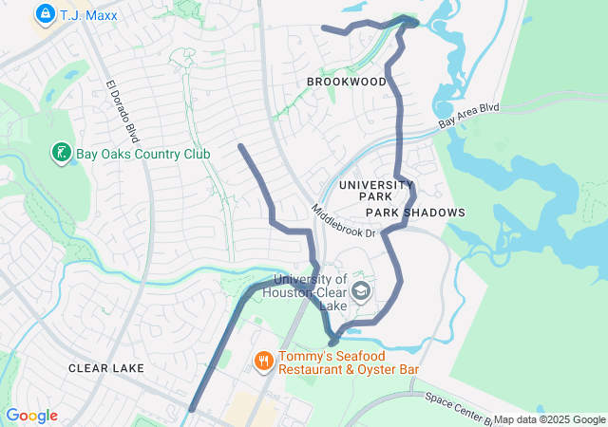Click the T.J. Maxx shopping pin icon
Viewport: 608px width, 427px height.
pos(45,13)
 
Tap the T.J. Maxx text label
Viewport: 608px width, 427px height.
pos(88,15)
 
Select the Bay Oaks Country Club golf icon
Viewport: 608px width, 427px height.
pos(60,152)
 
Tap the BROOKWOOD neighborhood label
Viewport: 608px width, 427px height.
pos(347,83)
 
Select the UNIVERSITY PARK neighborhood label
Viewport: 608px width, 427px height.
pos(376,190)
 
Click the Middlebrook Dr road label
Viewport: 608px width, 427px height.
pos(343,220)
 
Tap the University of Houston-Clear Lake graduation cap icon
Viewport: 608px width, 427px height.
pos(360,289)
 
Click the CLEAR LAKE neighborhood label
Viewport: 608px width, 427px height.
pos(106,367)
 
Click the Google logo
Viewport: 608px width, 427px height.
pos(31,416)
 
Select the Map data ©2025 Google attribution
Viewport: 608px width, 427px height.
pos(549,419)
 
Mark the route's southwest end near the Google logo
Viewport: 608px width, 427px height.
pos(192,410)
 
